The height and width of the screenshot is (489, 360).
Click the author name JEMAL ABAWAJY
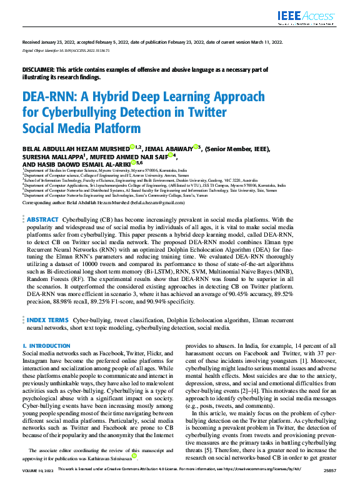tap(169, 149)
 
